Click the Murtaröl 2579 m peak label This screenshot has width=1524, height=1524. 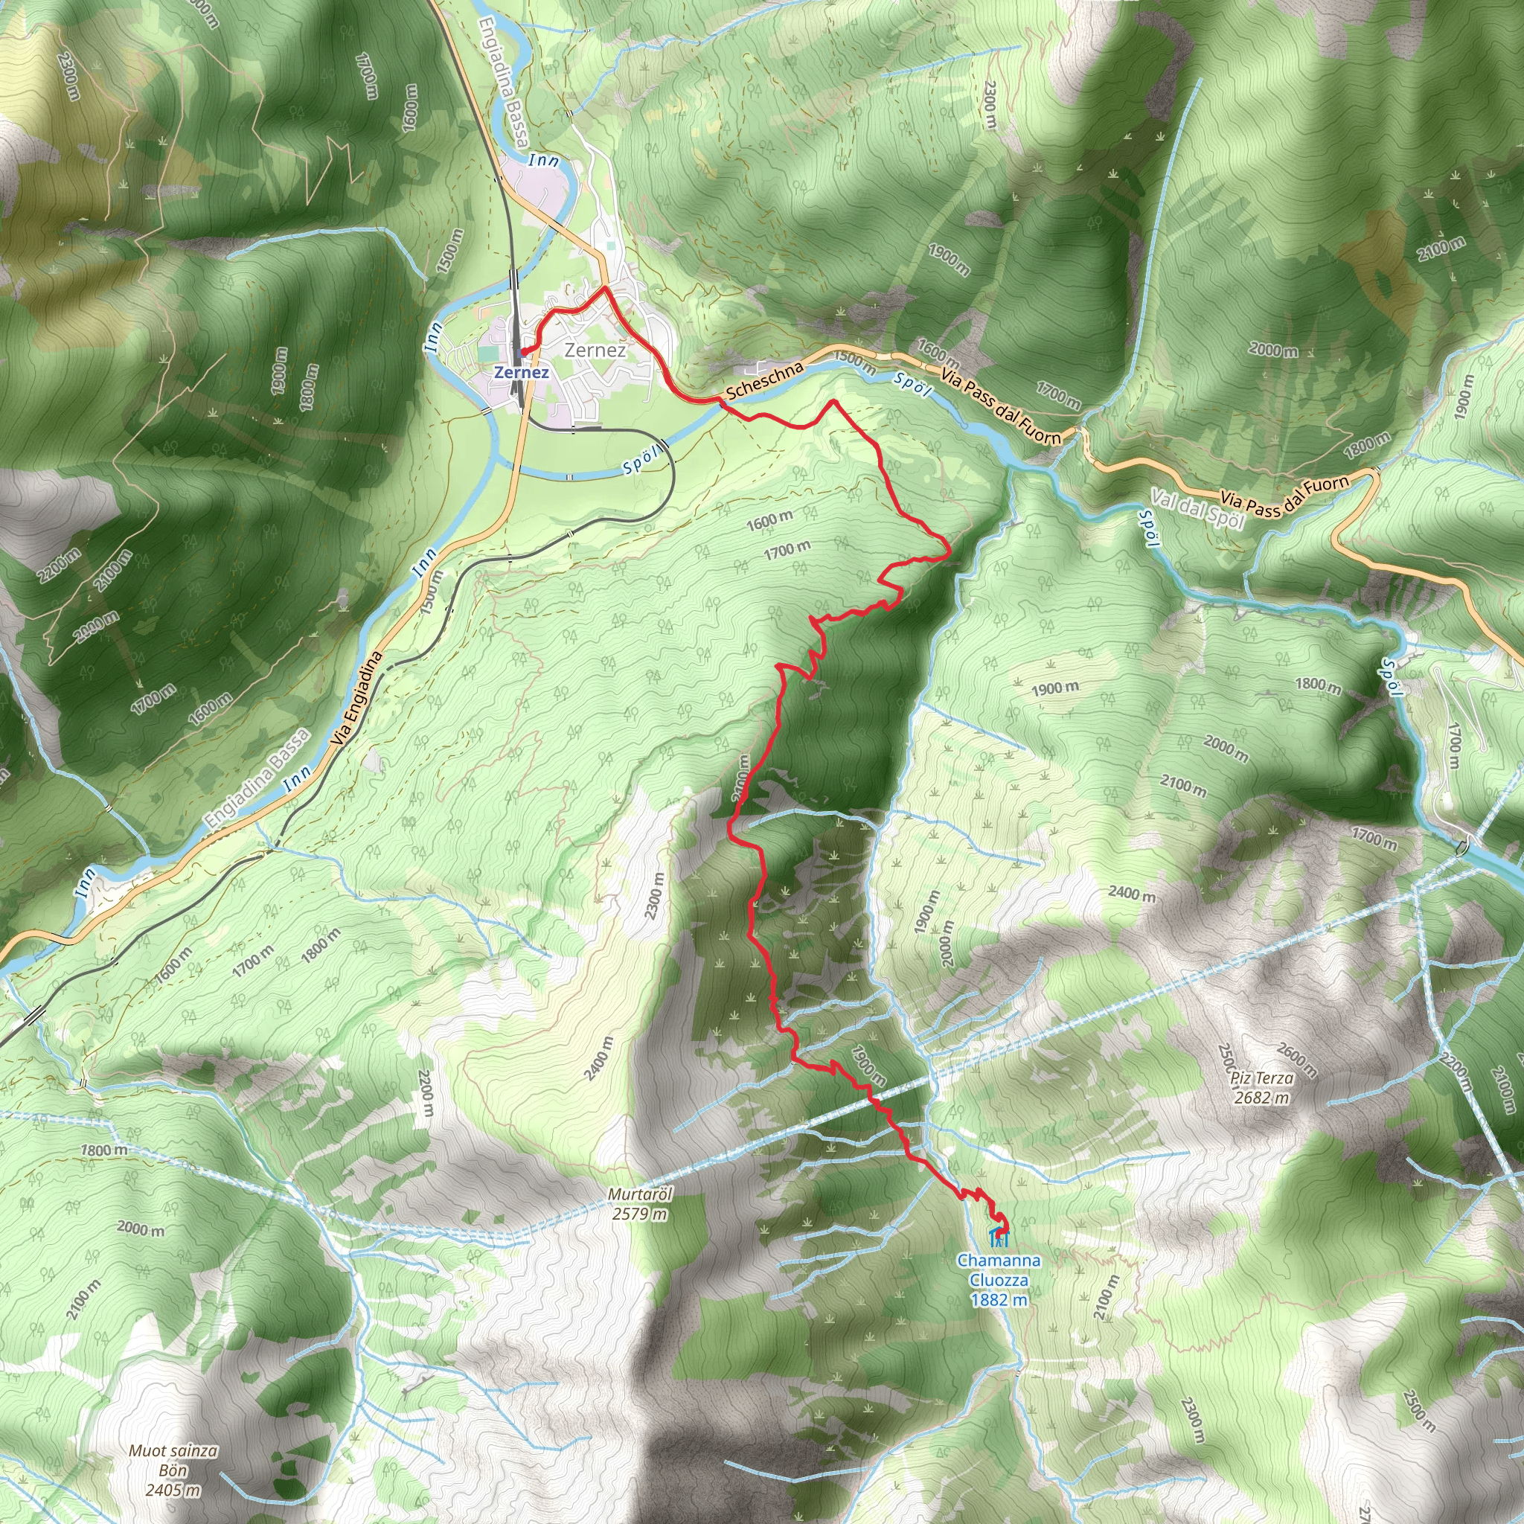coord(639,1205)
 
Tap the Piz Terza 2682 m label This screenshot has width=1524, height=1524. coord(1262,1088)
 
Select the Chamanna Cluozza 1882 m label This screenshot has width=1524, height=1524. coord(999,1279)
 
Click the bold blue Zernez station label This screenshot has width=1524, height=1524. coord(521,372)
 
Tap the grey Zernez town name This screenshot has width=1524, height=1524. coord(595,350)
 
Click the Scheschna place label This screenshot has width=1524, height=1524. coord(763,380)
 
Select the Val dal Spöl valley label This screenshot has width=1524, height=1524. coord(1197,510)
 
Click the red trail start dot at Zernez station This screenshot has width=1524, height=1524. coord(523,351)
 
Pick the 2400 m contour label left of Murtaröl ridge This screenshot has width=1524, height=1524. coord(599,1059)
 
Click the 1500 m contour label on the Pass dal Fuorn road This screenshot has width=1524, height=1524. coord(854,363)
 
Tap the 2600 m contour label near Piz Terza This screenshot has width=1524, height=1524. coord(1296,1060)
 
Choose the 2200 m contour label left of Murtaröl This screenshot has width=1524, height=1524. coord(426,1092)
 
